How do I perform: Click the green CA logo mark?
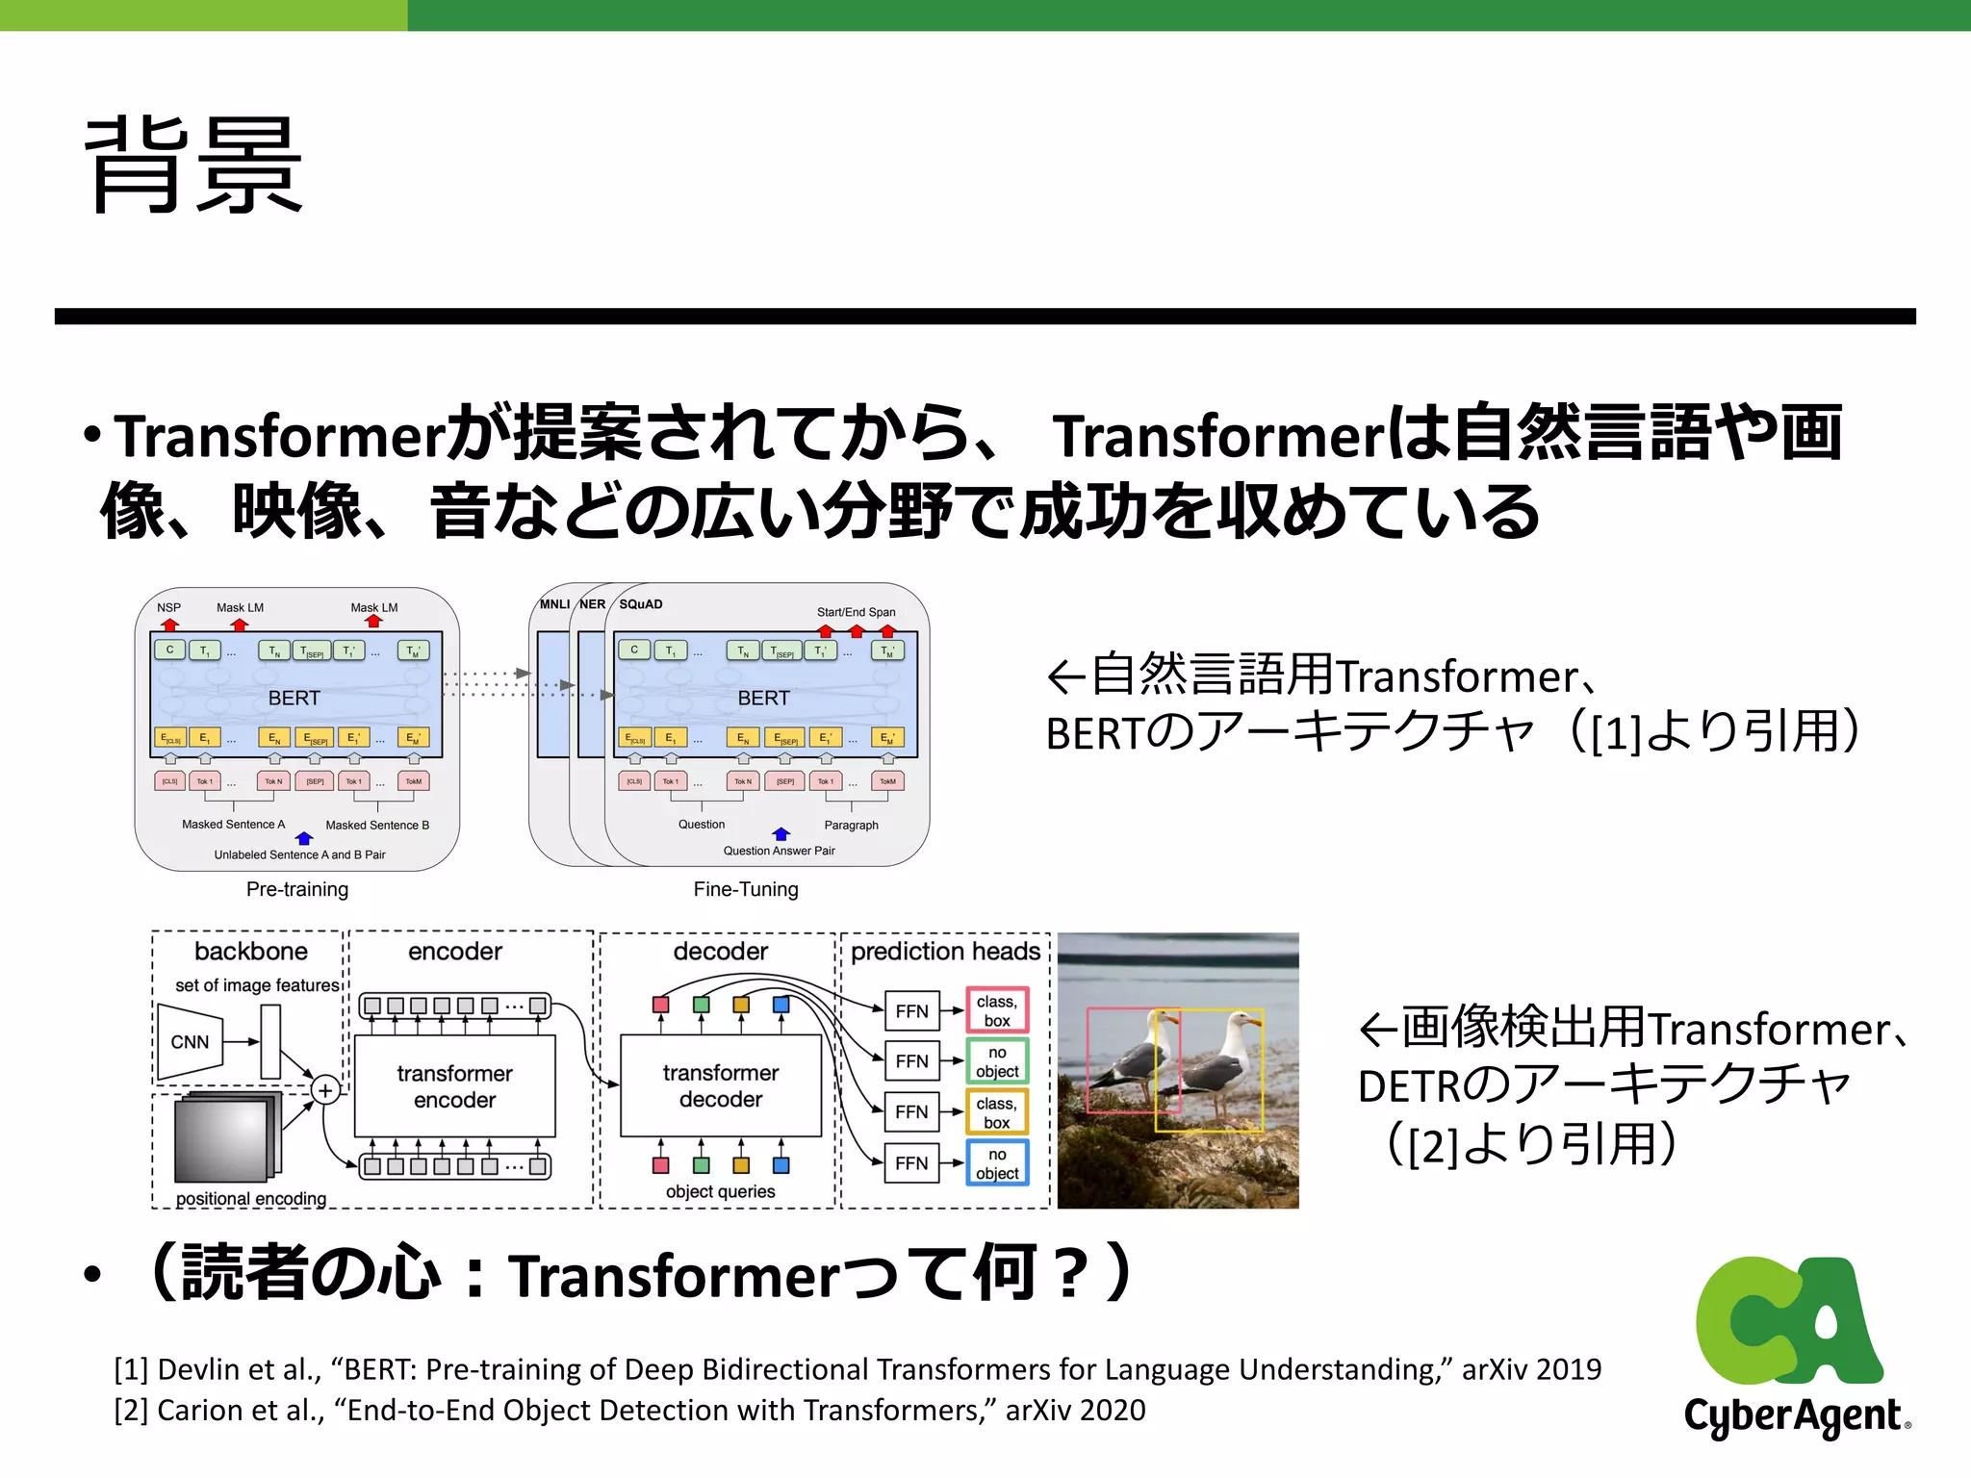tap(1788, 1318)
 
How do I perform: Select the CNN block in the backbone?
tap(190, 1042)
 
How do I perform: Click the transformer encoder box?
tap(454, 1085)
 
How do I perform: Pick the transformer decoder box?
tap(720, 1085)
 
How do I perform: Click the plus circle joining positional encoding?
tap(325, 1090)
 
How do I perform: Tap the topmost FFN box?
tap(911, 1010)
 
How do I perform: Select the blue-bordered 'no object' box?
tap(997, 1162)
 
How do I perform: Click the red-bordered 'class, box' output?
tap(997, 1010)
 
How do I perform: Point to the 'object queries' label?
tap(720, 1191)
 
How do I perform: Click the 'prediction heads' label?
tap(945, 952)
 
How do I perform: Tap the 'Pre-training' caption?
tap(296, 889)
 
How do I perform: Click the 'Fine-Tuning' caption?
tap(746, 889)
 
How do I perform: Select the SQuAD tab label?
tap(641, 604)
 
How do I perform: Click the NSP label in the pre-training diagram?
tap(168, 607)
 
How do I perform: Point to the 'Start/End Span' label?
tap(856, 612)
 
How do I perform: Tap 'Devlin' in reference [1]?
tap(200, 1369)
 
